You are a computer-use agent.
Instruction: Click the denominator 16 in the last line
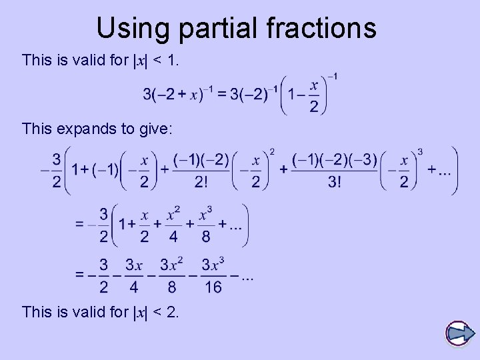213,287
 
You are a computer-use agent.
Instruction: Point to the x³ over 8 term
205,225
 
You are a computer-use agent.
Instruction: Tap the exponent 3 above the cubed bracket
420,152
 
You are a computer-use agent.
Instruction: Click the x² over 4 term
173,225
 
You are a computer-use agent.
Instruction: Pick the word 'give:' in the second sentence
156,128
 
